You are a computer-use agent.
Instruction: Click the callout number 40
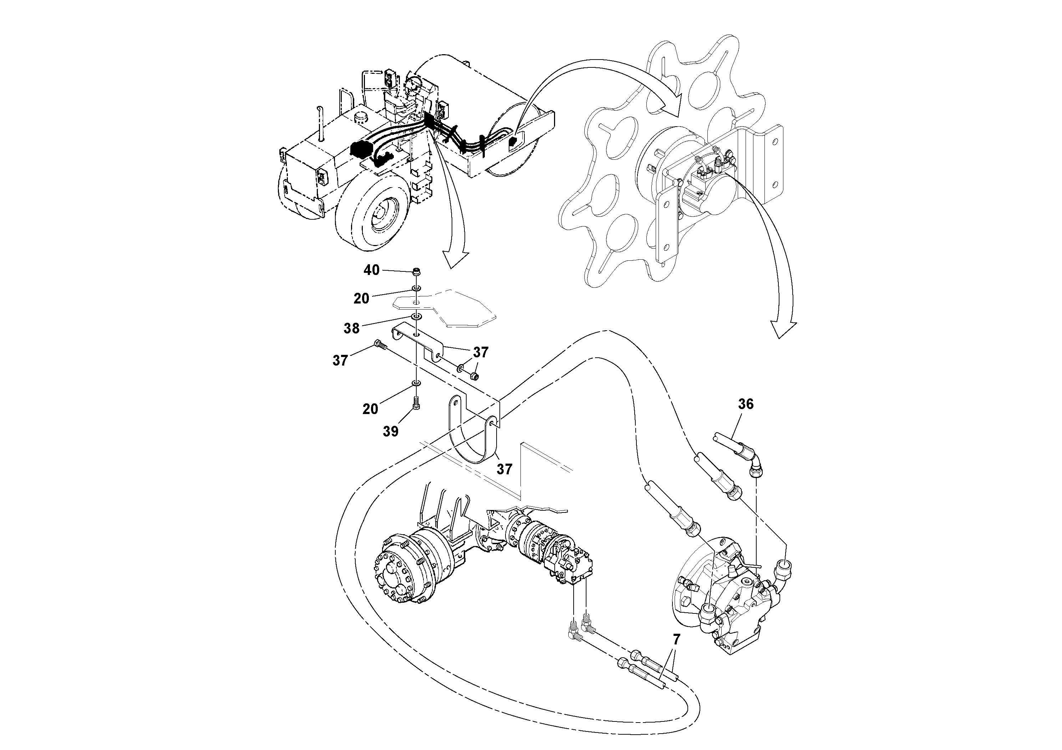[371, 270]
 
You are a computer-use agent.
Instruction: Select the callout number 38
[351, 328]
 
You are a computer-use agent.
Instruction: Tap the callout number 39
[391, 432]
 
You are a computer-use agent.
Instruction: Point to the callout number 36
[746, 404]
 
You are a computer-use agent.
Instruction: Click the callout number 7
[676, 640]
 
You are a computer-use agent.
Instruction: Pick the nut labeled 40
[416, 271]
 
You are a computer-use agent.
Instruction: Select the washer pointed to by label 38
[416, 316]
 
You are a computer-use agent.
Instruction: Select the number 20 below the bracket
[370, 409]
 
